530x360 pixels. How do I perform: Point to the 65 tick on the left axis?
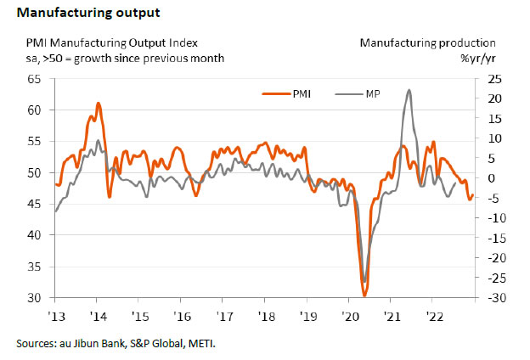pos(36,79)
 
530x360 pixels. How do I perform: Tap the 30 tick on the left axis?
pos(36,298)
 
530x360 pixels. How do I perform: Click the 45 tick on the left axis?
pos(36,204)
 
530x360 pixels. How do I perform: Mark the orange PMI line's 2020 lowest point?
pos(364,295)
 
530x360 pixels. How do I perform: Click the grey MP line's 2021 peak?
pos(409,89)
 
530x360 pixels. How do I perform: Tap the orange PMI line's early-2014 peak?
pos(99,104)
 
